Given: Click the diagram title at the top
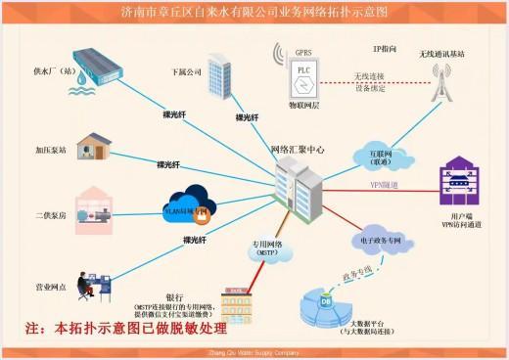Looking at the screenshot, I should (x=254, y=13).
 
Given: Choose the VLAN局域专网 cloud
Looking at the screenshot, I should (x=191, y=206).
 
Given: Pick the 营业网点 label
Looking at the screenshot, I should (x=51, y=288).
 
